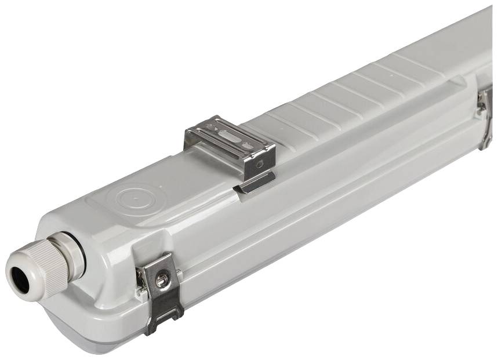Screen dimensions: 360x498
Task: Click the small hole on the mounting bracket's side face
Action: click(259, 164)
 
